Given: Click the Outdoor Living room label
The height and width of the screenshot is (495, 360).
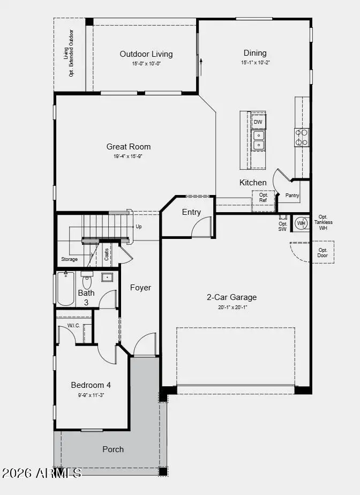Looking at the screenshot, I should pyautogui.click(x=146, y=54).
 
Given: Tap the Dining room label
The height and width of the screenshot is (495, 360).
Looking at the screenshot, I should pyautogui.click(x=255, y=53).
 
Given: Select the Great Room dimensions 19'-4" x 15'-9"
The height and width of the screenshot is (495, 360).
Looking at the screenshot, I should pyautogui.click(x=127, y=156).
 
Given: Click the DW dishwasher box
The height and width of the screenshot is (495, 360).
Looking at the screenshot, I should pyautogui.click(x=258, y=122).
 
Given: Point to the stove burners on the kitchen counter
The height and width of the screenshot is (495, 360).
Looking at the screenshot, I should pyautogui.click(x=302, y=137).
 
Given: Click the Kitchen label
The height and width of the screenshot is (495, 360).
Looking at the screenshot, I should pyautogui.click(x=253, y=183).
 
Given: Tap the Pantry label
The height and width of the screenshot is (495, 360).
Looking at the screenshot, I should pyautogui.click(x=292, y=196).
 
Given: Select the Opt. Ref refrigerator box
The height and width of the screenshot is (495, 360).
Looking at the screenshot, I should pyautogui.click(x=263, y=198).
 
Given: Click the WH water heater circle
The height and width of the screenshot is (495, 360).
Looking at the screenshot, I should pyautogui.click(x=302, y=223).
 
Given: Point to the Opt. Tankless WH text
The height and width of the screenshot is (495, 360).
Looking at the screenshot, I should pyautogui.click(x=323, y=222).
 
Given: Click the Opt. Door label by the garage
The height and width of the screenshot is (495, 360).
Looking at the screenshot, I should pyautogui.click(x=322, y=252).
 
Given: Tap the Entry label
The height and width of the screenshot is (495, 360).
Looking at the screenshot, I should pyautogui.click(x=191, y=212).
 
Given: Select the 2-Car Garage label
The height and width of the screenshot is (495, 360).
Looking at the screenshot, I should pyautogui.click(x=232, y=297).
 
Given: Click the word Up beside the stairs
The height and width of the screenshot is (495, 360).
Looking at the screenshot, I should pyautogui.click(x=139, y=227).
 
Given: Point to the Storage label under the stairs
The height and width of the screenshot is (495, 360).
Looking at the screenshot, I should pyautogui.click(x=69, y=259).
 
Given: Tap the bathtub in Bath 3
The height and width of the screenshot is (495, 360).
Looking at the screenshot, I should pyautogui.click(x=66, y=289).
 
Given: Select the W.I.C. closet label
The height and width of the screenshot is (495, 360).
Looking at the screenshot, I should pyautogui.click(x=73, y=326).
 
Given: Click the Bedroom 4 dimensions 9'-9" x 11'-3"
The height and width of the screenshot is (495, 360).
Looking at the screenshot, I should pyautogui.click(x=91, y=395).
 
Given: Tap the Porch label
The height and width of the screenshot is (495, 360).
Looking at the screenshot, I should pyautogui.click(x=113, y=449).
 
